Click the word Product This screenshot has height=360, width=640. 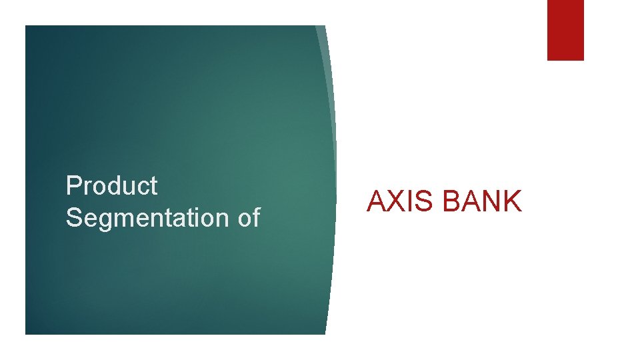coord(111,186)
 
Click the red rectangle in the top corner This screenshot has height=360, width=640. coord(565,30)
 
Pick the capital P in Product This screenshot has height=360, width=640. coord(73,186)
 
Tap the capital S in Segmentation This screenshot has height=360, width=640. coord(73,218)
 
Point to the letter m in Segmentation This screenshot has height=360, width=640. coord(122,220)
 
